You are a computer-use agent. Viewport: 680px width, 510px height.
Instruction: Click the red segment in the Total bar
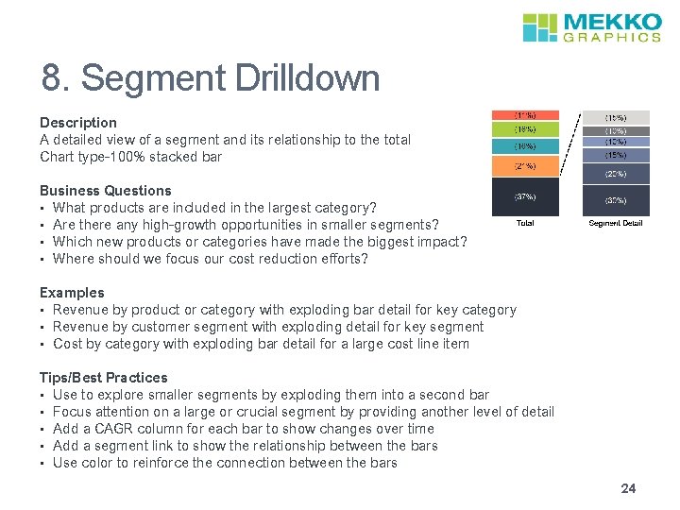coord(524,115)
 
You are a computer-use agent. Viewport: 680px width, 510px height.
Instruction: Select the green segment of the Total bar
coord(524,128)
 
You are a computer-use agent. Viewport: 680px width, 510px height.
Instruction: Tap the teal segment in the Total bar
coord(524,146)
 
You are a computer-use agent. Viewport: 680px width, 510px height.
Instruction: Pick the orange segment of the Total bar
coord(524,166)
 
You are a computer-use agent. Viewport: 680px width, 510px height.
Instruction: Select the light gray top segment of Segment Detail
coord(615,118)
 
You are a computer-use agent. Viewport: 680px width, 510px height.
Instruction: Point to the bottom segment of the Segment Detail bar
coord(615,200)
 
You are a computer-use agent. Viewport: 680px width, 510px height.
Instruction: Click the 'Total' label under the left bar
coord(524,223)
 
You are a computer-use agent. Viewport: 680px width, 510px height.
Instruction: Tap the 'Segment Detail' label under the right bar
coord(615,223)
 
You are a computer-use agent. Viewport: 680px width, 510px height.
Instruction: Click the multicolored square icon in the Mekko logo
coord(541,27)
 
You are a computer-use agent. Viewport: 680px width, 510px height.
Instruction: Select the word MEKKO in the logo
coord(611,22)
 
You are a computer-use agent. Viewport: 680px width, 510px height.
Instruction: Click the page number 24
coord(628,488)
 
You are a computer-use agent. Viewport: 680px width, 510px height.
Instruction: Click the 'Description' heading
coord(78,123)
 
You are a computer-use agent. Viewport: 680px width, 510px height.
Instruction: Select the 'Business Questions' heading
coord(106,191)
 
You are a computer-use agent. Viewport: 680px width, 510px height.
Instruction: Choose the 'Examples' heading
coord(72,293)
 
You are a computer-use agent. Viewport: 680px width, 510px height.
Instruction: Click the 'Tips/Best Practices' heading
coord(104,378)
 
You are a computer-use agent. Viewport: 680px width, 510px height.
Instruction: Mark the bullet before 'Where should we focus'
coord(43,259)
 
